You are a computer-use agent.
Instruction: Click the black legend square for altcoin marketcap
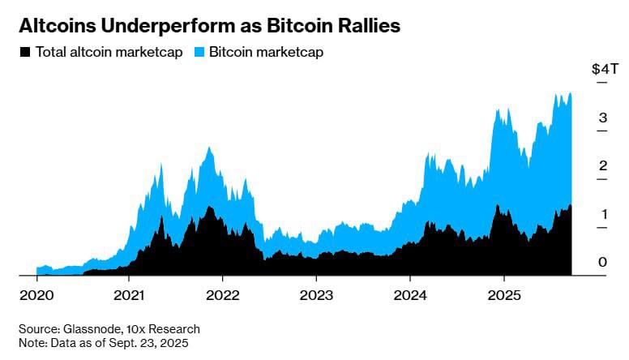(x=25, y=52)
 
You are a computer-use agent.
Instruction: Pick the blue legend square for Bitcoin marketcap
(x=199, y=52)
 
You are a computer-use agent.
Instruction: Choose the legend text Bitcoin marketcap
(x=267, y=52)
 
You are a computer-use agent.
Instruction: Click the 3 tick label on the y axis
(x=602, y=118)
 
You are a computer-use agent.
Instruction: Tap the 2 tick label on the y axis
(x=602, y=166)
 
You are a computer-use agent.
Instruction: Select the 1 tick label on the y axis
(x=602, y=214)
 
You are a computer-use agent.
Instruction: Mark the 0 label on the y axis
(x=602, y=262)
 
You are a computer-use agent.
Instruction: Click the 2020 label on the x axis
(x=37, y=296)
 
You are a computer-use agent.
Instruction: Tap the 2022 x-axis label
(x=224, y=296)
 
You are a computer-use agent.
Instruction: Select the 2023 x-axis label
(x=317, y=296)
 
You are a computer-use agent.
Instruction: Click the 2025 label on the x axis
(x=504, y=296)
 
